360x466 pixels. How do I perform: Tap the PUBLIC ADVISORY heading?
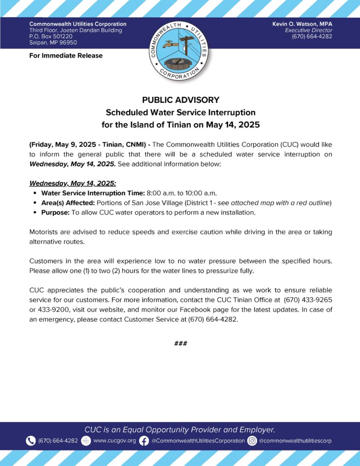click(180, 100)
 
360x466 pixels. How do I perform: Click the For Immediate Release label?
click(66, 56)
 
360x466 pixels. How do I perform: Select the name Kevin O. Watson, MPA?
click(302, 24)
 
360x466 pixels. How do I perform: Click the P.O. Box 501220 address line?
click(51, 36)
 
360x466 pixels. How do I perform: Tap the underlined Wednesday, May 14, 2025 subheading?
click(73, 183)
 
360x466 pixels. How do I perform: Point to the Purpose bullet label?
click(56, 212)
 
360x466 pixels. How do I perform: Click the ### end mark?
click(180, 343)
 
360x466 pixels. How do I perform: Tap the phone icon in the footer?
click(31, 441)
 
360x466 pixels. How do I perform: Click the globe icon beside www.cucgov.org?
click(86, 441)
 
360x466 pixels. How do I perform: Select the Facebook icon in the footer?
click(144, 441)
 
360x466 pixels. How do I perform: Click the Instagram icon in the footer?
click(252, 441)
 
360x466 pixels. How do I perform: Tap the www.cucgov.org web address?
click(114, 441)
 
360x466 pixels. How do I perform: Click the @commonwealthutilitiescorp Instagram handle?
click(295, 441)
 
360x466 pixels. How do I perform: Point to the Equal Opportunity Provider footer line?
click(180, 430)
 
